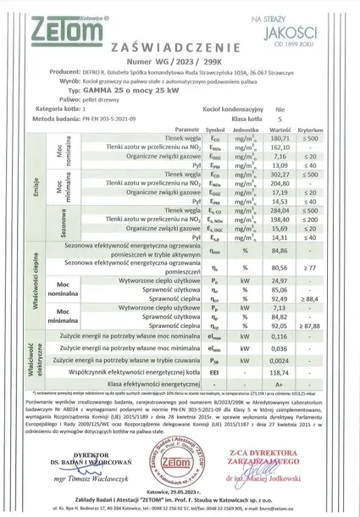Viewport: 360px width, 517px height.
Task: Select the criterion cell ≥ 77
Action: pos(311,266)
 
